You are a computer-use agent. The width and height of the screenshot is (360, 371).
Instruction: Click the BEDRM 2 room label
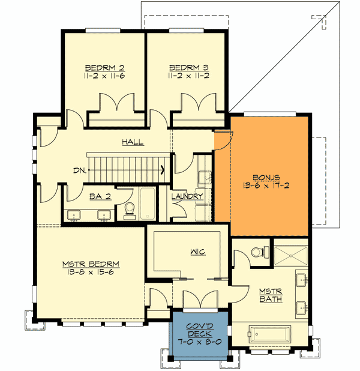[105, 67]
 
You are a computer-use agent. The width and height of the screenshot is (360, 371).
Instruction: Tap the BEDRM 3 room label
[189, 67]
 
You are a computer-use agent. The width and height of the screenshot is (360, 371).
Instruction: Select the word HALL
[133, 142]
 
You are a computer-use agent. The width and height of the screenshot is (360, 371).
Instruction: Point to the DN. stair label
[80, 170]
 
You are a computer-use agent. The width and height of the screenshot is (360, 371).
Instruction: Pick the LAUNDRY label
[187, 196]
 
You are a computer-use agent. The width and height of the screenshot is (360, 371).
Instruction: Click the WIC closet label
[197, 252]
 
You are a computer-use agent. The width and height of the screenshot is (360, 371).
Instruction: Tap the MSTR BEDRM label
[91, 264]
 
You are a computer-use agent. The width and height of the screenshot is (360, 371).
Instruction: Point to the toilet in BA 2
[128, 210]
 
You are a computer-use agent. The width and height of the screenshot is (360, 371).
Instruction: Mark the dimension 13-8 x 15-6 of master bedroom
[91, 273]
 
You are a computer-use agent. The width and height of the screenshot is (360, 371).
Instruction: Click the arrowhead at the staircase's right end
[163, 170]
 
